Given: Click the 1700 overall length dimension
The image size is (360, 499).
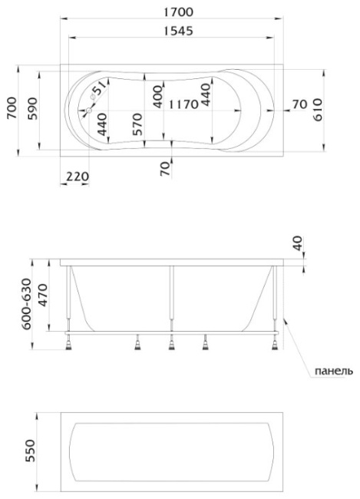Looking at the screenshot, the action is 178,12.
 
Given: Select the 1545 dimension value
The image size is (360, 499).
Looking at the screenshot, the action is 178,31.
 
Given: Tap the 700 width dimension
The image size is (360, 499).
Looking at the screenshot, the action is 12,108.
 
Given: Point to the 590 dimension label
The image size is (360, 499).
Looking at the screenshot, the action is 32,108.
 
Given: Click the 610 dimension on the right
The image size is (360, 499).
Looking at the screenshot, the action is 317,110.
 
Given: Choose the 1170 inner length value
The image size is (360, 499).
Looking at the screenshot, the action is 183,104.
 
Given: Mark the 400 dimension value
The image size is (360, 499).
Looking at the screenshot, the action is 157,97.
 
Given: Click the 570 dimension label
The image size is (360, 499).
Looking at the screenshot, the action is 137,124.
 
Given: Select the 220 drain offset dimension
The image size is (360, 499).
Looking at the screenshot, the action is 78,176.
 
